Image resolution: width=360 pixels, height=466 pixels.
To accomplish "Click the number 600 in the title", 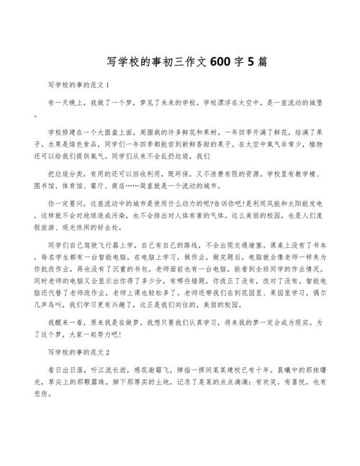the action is pyautogui.click(x=218, y=63).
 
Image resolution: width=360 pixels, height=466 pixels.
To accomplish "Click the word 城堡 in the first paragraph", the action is pyautogui.click(x=311, y=103).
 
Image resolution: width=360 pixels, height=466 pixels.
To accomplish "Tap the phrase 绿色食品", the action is pyautogui.click(x=99, y=143).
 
